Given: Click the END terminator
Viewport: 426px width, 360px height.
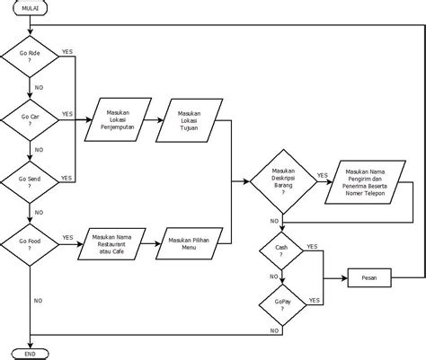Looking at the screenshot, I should (31, 354).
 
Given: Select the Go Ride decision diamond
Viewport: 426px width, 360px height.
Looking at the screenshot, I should (31, 59).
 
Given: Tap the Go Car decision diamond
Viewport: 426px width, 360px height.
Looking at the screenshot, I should (31, 120).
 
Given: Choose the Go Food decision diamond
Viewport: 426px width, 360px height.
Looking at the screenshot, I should (31, 243).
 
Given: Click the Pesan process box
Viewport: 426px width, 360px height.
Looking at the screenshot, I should (369, 277).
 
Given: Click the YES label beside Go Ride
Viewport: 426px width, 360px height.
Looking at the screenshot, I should (67, 53).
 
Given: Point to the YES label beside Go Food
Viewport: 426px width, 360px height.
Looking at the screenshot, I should (67, 237).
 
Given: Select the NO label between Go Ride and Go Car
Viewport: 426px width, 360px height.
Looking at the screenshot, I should (39, 88).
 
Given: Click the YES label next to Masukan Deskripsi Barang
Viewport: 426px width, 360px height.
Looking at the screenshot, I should (322, 175).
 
